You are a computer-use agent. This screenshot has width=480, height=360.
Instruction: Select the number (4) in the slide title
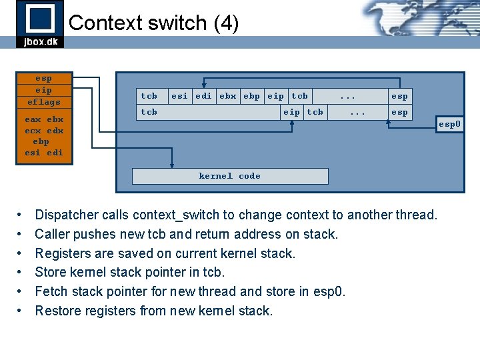(x=226, y=23)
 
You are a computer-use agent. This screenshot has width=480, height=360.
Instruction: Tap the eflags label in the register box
(x=43, y=102)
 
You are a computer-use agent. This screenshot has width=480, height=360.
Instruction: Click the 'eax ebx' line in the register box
(x=43, y=119)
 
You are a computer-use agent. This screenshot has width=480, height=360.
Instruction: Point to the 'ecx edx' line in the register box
(x=43, y=131)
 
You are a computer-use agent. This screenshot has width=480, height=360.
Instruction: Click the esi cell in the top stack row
(x=179, y=96)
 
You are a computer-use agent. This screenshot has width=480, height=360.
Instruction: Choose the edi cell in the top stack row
(x=203, y=96)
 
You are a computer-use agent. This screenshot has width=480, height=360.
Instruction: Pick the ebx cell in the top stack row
(x=228, y=96)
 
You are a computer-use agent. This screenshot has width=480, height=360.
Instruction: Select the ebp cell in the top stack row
(x=252, y=96)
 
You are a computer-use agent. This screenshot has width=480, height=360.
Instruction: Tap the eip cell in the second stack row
(x=291, y=112)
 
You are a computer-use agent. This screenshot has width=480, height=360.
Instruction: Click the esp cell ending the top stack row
(x=399, y=96)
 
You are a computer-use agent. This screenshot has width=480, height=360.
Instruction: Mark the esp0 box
(x=449, y=124)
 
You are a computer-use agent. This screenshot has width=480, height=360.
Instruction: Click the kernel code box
(x=230, y=176)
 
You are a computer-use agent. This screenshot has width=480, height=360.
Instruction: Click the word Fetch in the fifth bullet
(x=51, y=291)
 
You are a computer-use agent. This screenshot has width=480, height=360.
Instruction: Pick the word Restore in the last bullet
(x=57, y=311)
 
